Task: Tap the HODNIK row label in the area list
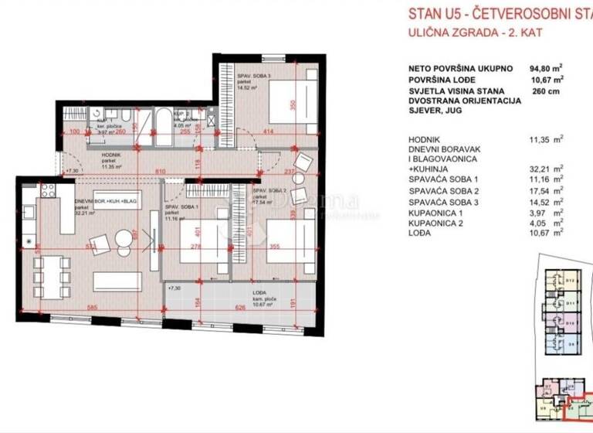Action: coord(429,140)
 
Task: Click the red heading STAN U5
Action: coord(436,12)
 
